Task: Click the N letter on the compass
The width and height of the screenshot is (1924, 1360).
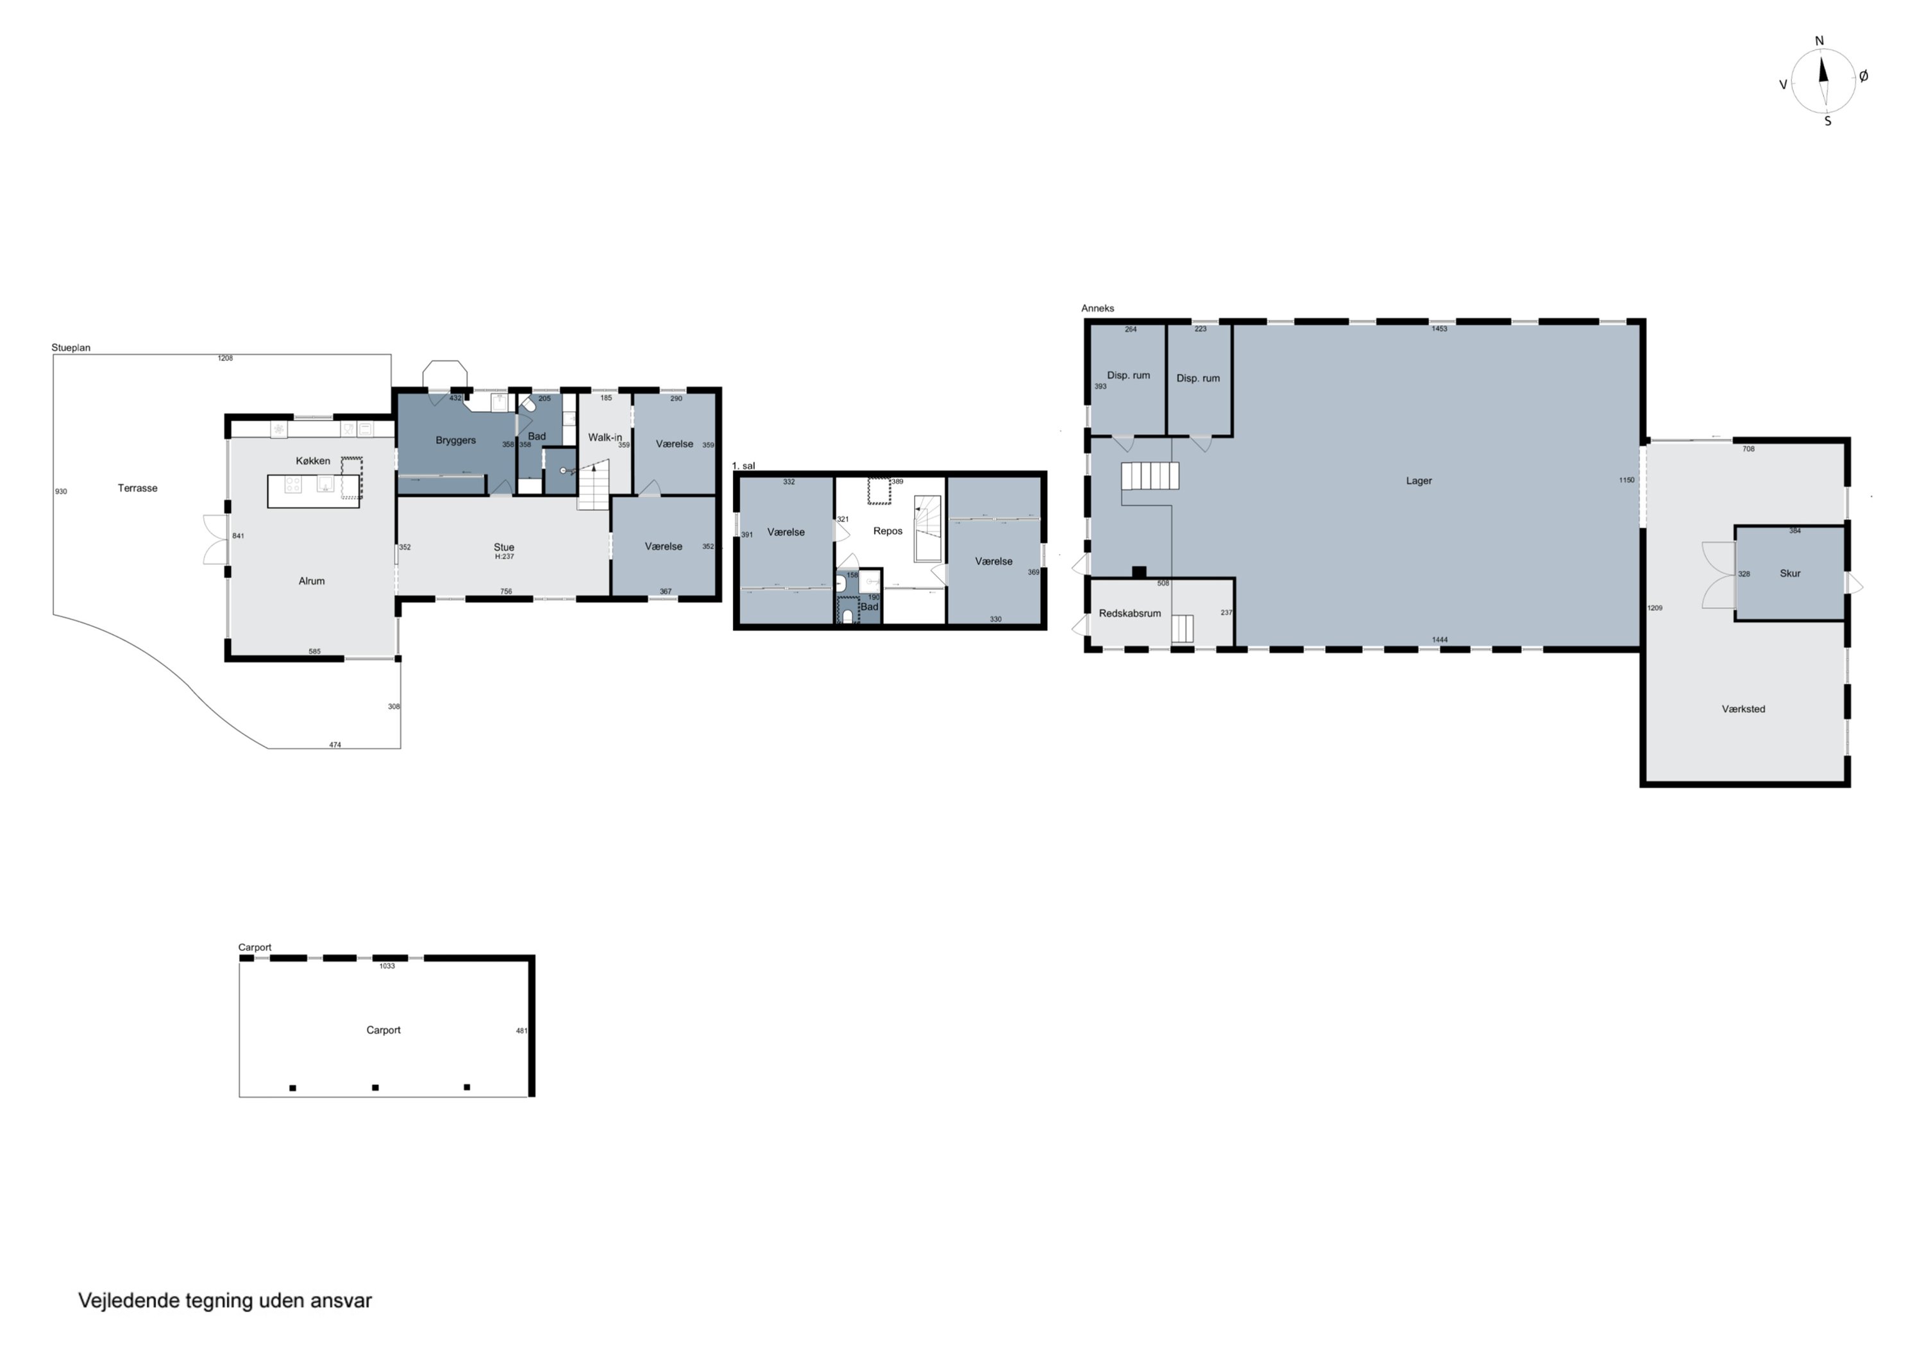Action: [x=1819, y=41]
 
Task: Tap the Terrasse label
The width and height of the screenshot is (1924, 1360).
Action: [x=137, y=488]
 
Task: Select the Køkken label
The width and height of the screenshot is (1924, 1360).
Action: [x=312, y=461]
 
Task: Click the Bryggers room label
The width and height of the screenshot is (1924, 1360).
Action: [x=456, y=441]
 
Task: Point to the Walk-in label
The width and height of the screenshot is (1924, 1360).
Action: [x=605, y=437]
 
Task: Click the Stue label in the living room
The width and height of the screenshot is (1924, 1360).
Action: [x=503, y=547]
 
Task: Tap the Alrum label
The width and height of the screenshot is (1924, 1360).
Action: [x=312, y=581]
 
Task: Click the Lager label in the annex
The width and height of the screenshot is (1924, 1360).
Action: [x=1419, y=481]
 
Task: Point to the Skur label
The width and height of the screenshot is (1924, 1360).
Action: [x=1790, y=573]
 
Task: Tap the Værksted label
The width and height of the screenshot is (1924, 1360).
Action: [x=1743, y=709]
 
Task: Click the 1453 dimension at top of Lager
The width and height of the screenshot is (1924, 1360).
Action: [x=1439, y=328]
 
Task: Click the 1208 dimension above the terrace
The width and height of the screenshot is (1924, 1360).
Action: [x=224, y=358]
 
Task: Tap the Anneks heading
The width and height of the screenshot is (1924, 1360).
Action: [x=1098, y=308]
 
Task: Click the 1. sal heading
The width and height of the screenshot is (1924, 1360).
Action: [x=743, y=466]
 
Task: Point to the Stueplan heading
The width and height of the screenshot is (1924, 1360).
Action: [x=71, y=348]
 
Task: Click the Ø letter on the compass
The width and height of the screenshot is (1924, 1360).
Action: [x=1864, y=76]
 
